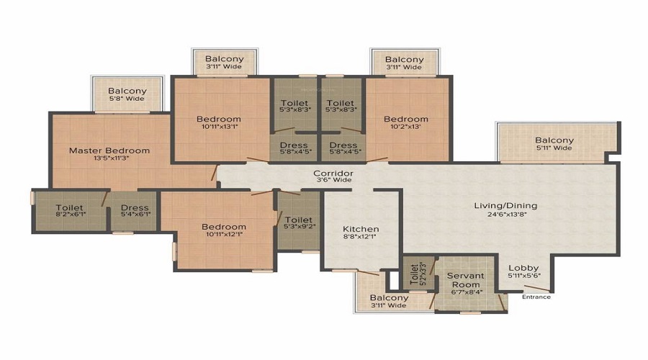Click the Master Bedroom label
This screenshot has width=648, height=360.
coord(109,150)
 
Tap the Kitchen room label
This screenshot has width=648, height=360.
coord(361,229)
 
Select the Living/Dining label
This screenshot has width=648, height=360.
coord(505,205)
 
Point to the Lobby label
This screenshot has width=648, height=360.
coord(523,268)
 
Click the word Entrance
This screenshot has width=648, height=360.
coord(536,297)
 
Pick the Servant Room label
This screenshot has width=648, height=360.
coord(466,280)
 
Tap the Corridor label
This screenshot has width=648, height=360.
coord(333,174)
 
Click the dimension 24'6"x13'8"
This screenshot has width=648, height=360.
coord(507,214)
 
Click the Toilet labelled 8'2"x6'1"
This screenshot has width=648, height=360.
coord(69,210)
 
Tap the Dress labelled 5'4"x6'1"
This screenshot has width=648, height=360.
coord(135,210)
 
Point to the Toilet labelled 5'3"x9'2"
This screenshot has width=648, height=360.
coord(298,222)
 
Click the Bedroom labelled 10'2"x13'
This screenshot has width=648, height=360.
coord(406,122)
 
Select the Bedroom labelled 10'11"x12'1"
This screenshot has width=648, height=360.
coord(224,230)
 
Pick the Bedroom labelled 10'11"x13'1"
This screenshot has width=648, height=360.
coord(219,122)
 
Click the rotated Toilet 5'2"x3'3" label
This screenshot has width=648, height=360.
coord(418,273)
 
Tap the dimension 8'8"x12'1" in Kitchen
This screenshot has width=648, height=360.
coord(361,237)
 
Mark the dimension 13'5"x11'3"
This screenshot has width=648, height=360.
coord(109,158)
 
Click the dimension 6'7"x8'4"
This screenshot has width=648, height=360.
coord(466,292)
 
